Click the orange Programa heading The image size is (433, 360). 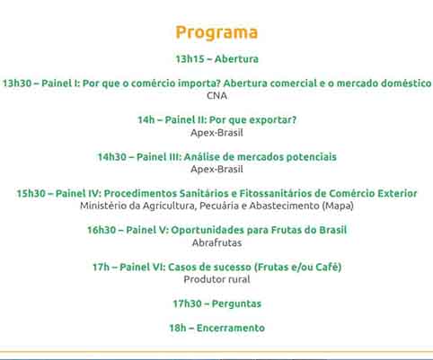point(216,33)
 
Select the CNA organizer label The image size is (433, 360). point(216,96)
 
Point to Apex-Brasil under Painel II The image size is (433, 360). point(216,133)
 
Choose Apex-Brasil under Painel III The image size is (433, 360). point(216,169)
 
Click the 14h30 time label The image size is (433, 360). point(112,157)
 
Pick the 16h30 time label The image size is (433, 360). point(102,230)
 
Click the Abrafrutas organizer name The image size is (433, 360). point(216,242)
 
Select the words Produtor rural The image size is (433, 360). point(216,279)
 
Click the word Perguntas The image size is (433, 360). point(236,303)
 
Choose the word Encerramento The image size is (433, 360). point(231,328)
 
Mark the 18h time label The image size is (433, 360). point(178,328)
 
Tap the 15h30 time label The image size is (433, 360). point(31,193)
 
